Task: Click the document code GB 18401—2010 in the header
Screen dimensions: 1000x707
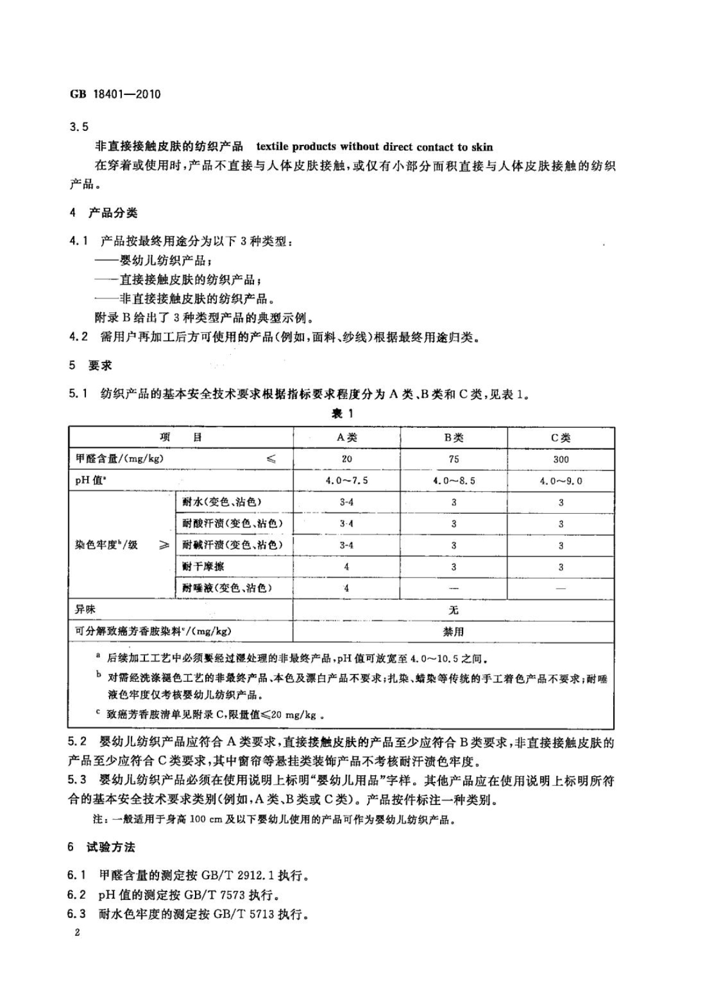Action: click(x=115, y=94)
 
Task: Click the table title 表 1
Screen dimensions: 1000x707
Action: click(x=342, y=413)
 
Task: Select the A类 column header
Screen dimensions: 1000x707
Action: click(x=346, y=437)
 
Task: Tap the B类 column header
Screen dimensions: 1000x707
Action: click(x=454, y=437)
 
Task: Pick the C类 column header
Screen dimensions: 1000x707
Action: click(x=561, y=437)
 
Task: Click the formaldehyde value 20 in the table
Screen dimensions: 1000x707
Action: click(x=346, y=459)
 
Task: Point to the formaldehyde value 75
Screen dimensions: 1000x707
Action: click(x=454, y=459)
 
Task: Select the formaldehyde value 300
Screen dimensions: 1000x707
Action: click(x=561, y=459)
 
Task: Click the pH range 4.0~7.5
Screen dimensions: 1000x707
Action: click(x=346, y=480)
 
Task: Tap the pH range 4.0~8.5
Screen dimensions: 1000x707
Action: click(x=454, y=480)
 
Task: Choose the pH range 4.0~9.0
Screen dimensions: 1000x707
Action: click(x=561, y=480)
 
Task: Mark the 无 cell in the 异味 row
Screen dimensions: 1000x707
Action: click(x=454, y=609)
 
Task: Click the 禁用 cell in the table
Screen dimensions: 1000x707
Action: click(x=454, y=631)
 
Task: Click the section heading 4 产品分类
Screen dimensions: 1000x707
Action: click(x=104, y=213)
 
